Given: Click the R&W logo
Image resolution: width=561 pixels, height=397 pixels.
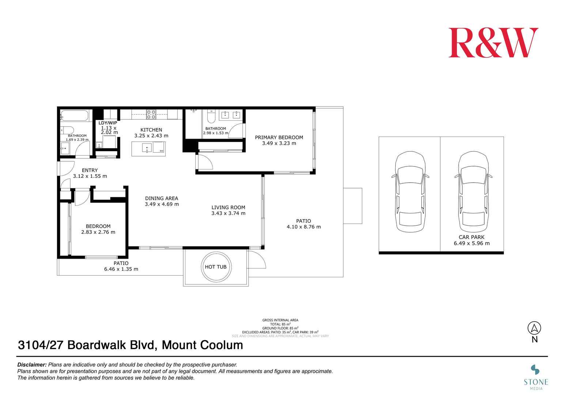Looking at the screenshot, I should click(x=493, y=43).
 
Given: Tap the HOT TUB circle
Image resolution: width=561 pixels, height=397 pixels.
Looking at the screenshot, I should click(x=215, y=267).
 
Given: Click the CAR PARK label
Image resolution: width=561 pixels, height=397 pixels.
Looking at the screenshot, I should click(x=471, y=237).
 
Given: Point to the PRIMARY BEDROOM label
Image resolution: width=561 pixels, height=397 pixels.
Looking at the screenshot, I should click(x=279, y=138).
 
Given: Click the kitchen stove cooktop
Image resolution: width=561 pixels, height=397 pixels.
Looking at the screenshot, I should click(x=151, y=114).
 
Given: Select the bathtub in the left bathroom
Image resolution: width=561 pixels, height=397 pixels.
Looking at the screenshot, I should click(x=75, y=116).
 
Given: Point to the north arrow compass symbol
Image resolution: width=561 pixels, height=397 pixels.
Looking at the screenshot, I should click(x=534, y=328).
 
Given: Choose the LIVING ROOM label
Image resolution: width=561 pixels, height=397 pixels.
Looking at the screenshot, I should click(x=228, y=207).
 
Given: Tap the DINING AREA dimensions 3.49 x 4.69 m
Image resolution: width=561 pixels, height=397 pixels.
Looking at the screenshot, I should click(x=162, y=204).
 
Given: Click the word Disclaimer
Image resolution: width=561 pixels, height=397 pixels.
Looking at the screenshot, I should click(x=32, y=365).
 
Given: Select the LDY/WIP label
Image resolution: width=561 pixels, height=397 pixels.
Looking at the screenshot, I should click(x=108, y=123).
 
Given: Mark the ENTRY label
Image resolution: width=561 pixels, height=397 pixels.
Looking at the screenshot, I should click(x=90, y=170).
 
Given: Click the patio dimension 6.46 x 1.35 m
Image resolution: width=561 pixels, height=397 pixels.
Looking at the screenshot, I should click(x=121, y=269).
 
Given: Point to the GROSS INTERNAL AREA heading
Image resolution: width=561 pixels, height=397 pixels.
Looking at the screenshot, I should click(x=280, y=320).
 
